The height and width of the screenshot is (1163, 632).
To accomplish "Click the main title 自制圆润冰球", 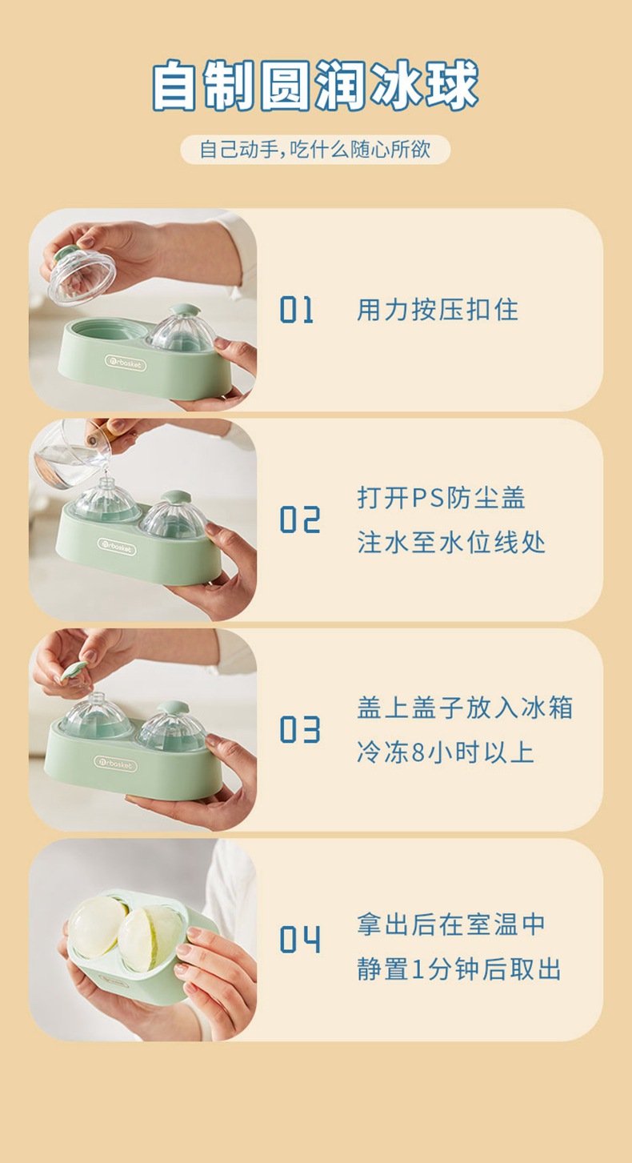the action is pyautogui.click(x=315, y=85).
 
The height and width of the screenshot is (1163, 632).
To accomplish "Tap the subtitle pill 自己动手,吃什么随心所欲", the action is pyautogui.click(x=315, y=150).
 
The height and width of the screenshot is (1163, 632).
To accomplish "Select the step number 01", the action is pyautogui.click(x=297, y=310).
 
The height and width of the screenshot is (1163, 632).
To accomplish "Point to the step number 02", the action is pyautogui.click(x=300, y=519).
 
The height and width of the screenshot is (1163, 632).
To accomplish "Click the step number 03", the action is pyautogui.click(x=300, y=729).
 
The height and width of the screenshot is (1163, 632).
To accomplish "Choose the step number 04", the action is pyautogui.click(x=300, y=939).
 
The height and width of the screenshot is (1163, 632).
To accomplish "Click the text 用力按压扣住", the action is pyautogui.click(x=438, y=310).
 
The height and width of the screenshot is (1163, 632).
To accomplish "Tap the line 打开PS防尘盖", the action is pyautogui.click(x=441, y=498).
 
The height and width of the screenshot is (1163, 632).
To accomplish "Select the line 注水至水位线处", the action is pyautogui.click(x=451, y=543).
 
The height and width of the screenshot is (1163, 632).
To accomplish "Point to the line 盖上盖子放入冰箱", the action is pyautogui.click(x=465, y=708).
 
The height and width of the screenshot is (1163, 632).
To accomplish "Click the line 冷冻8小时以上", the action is pyautogui.click(x=446, y=753).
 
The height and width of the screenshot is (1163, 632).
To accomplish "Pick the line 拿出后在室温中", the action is pyautogui.click(x=451, y=924).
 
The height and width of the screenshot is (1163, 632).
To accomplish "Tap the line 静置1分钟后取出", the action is pyautogui.click(x=459, y=969).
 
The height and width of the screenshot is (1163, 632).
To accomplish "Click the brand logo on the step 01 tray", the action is pyautogui.click(x=126, y=363).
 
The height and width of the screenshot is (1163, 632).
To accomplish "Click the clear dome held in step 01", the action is pyautogui.click(x=82, y=276).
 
